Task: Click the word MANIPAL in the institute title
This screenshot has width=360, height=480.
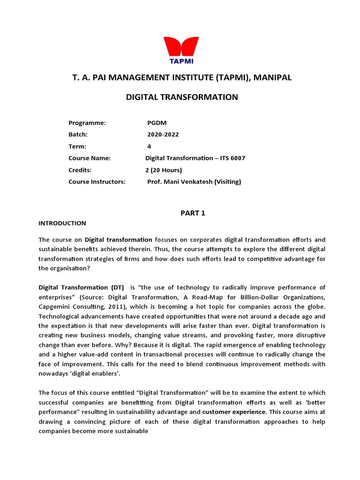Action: tap(273, 77)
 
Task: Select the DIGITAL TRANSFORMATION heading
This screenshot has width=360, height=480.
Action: tap(182, 97)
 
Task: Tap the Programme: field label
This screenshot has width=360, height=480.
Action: tap(87, 123)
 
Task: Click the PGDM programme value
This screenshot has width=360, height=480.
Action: tap(157, 123)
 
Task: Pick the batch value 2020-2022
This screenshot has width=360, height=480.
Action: tap(163, 135)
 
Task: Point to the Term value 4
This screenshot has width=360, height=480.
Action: tap(150, 146)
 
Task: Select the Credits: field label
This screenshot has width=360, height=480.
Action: tap(80, 170)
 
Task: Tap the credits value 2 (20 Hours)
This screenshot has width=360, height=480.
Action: tap(164, 170)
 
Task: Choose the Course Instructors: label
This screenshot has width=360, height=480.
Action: tap(97, 181)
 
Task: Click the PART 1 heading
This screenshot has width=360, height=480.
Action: tap(193, 213)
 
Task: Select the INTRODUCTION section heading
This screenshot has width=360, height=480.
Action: tap(62, 223)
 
